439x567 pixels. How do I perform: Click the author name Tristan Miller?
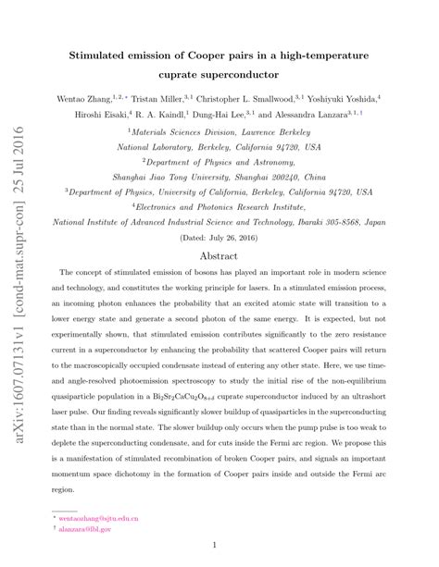[159, 98]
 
